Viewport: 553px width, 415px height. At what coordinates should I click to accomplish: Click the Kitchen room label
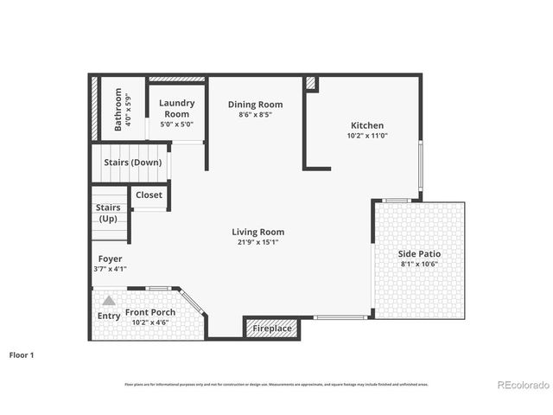pos(367,125)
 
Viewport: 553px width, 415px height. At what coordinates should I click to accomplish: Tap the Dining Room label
pos(255,105)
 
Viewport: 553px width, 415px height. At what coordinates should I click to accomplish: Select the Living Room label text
pos(257,232)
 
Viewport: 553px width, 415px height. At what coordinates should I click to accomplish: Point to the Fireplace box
pos(271,329)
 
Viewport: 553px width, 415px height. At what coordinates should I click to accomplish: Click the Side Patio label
pos(419,253)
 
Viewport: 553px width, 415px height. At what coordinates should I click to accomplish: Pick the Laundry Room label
pos(177,108)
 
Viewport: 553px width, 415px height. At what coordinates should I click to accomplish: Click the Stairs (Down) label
pos(132,162)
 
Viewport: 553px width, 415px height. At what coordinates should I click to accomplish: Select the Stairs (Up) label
pos(108,213)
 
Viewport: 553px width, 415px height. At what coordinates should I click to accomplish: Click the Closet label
pos(149,195)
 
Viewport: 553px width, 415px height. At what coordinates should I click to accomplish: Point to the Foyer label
pos(110,259)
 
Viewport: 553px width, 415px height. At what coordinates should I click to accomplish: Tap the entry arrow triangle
pos(109,301)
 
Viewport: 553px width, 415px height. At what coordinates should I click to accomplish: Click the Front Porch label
pos(150,312)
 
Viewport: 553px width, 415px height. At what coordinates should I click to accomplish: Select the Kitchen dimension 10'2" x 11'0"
pos(367,136)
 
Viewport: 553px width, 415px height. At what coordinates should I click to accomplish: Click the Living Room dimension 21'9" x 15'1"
pos(257,242)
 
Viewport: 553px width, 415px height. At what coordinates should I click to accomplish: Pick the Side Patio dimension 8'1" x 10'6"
pos(419,264)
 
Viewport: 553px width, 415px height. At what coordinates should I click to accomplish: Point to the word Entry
pos(109,316)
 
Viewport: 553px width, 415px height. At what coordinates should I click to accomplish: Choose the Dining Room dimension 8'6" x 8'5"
pos(255,115)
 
